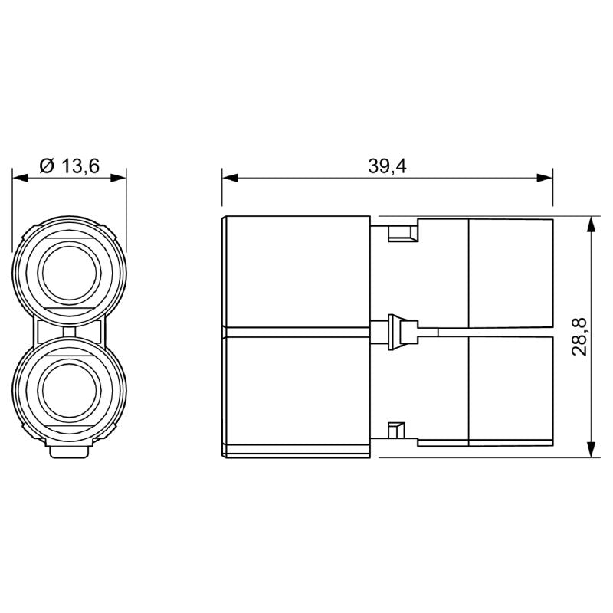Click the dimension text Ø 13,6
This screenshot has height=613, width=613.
[x=69, y=166]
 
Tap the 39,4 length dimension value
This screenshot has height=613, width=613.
[x=387, y=166]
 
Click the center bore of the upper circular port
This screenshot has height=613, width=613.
[x=69, y=274]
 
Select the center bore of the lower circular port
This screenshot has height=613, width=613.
[x=69, y=390]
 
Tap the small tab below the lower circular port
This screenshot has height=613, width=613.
[x=69, y=453]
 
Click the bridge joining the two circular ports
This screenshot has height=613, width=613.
[x=69, y=332]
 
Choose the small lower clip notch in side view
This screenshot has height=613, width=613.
[x=396, y=431]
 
